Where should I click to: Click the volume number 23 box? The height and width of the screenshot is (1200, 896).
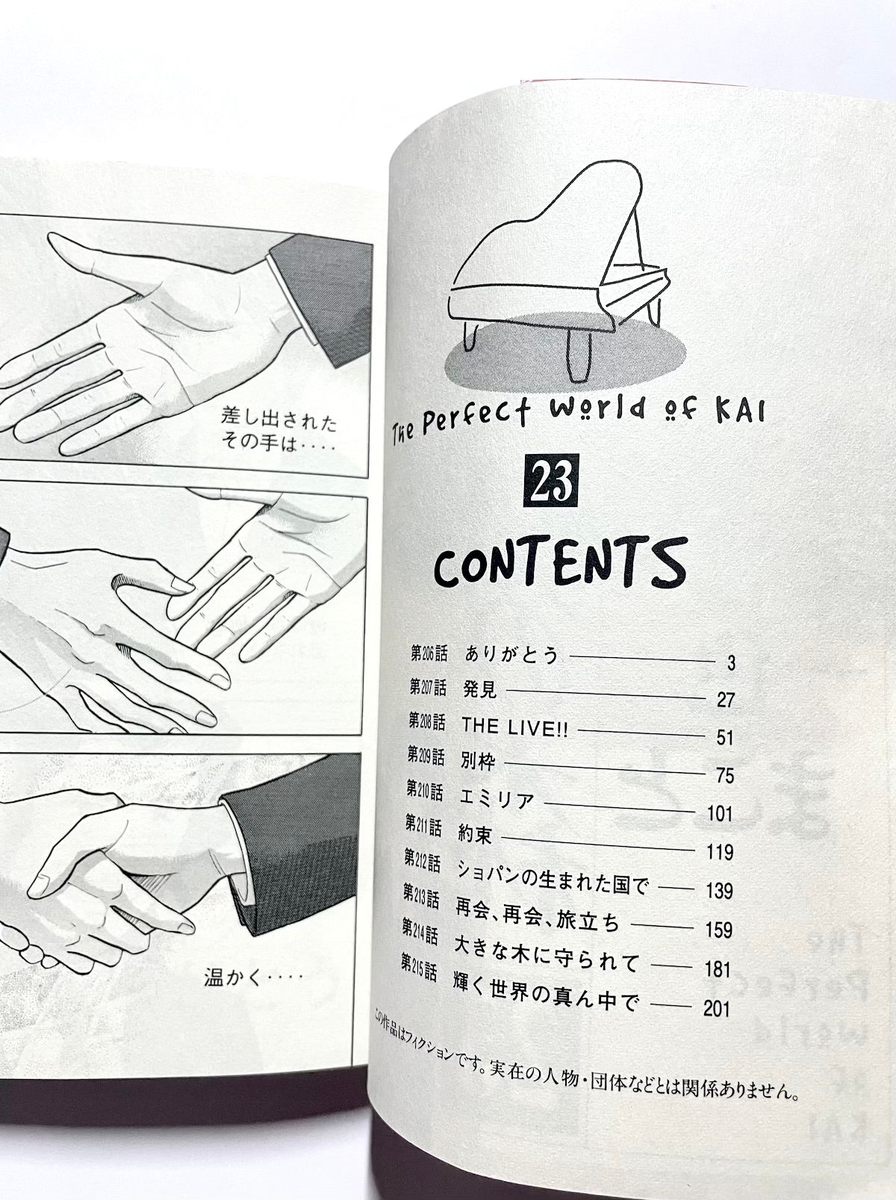coord(551,481)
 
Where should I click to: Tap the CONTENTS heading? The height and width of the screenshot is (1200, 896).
coord(560,564)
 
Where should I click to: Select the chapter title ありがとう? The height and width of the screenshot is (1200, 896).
coord(511,654)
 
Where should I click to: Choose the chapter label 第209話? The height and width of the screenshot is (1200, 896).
coord(426,756)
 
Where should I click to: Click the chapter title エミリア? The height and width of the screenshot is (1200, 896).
coord(497,800)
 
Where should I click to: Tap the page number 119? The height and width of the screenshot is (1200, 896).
coord(719,852)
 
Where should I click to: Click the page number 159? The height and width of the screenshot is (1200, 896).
coord(718,930)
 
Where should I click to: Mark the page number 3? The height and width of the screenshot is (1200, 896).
coord(732,663)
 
